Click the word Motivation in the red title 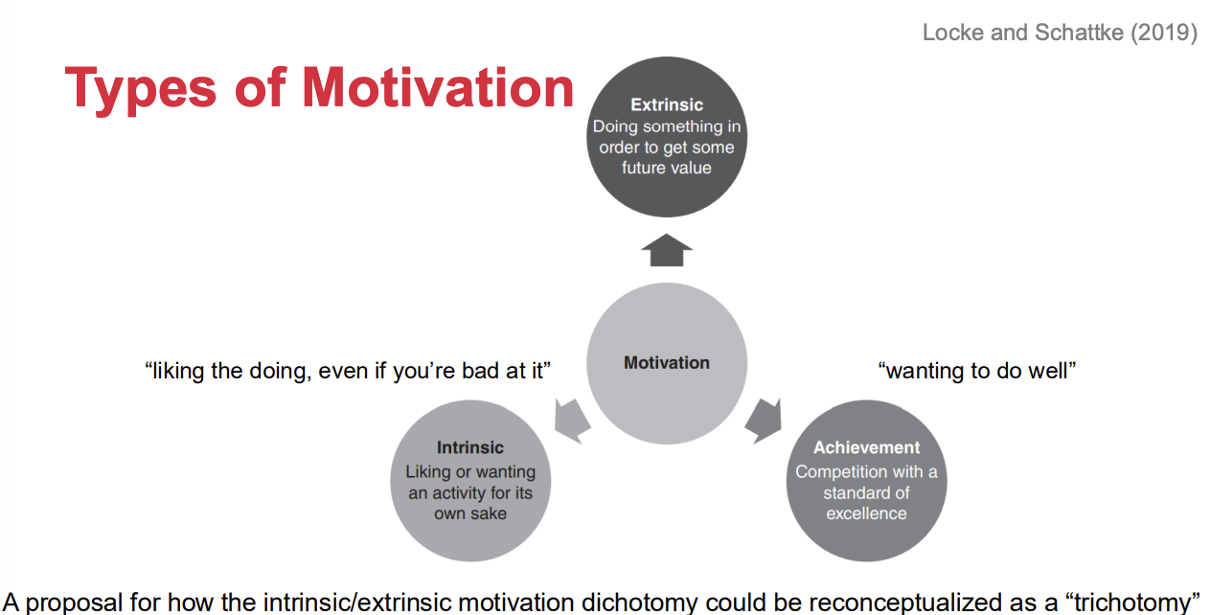click(438, 87)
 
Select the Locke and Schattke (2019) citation click(1060, 33)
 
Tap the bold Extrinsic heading click(667, 104)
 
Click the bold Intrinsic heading click(469, 447)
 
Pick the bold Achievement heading click(866, 447)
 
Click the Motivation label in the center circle click(667, 363)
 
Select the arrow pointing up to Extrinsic click(667, 250)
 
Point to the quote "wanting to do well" click(977, 371)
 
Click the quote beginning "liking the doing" click(348, 372)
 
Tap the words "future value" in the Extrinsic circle click(667, 168)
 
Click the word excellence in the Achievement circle click(866, 513)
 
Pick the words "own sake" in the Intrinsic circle click(470, 513)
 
